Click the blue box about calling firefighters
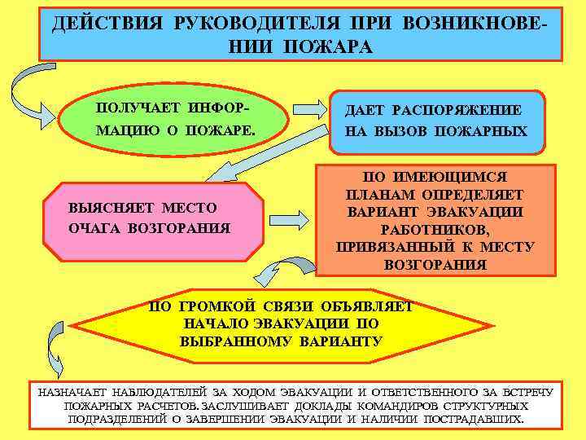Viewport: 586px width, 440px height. click(x=436, y=121)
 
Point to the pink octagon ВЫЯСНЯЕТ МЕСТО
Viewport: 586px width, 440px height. click(x=155, y=218)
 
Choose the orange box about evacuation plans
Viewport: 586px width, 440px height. click(x=435, y=220)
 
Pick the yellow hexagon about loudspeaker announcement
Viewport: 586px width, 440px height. click(x=281, y=324)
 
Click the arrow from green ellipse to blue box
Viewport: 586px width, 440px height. click(x=308, y=109)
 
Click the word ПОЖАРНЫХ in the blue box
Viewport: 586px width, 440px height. click(x=488, y=130)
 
